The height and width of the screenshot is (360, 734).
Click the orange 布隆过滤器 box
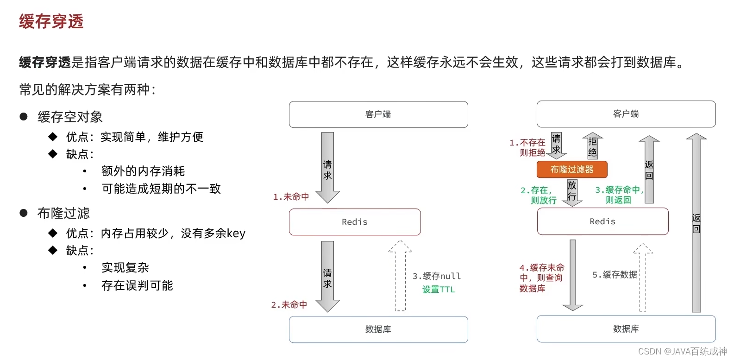pyautogui.click(x=572, y=170)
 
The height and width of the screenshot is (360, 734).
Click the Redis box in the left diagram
pyautogui.click(x=355, y=222)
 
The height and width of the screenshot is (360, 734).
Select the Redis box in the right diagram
pyautogui.click(x=602, y=221)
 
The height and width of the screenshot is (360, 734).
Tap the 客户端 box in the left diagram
pyautogui.click(x=378, y=114)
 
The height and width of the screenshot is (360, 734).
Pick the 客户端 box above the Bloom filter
pyautogui.click(x=626, y=114)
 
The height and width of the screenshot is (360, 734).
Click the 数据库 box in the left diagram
pyautogui.click(x=378, y=329)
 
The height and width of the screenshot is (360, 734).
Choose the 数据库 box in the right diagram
pyautogui.click(x=626, y=329)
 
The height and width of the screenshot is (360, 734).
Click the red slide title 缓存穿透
pyautogui.click(x=51, y=21)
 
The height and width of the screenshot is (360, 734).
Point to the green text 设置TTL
pyautogui.click(x=439, y=290)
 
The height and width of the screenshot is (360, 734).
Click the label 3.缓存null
pyautogui.click(x=437, y=276)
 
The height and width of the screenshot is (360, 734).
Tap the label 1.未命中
pyautogui.click(x=291, y=197)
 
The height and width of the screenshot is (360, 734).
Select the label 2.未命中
pyautogui.click(x=289, y=304)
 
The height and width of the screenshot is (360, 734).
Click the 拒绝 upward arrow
pyautogui.click(x=592, y=146)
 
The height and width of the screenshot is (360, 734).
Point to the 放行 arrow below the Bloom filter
pyautogui.click(x=572, y=192)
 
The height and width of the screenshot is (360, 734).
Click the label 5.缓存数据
pyautogui.click(x=615, y=275)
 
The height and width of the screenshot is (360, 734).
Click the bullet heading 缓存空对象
pyautogui.click(x=70, y=117)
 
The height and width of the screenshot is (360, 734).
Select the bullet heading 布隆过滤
pyautogui.click(x=63, y=213)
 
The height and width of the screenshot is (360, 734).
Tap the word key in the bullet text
pyautogui.click(x=236, y=234)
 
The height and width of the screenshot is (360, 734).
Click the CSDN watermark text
pyautogui.click(x=683, y=351)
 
